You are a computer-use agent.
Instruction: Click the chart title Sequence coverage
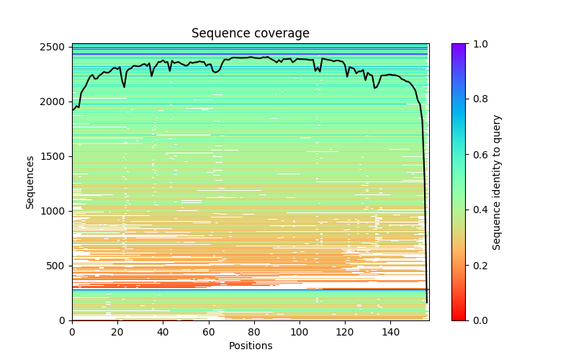pyautogui.click(x=250, y=34)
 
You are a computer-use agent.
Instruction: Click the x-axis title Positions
pyautogui.click(x=250, y=346)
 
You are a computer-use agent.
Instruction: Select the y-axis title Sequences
pyautogui.click(x=30, y=182)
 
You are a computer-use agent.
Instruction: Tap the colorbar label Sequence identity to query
pyautogui.click(x=497, y=182)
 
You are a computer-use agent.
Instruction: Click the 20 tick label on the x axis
pyautogui.click(x=117, y=332)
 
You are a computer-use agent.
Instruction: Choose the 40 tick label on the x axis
pyautogui.click(x=163, y=332)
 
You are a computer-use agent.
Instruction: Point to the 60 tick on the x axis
pyautogui.click(x=208, y=332)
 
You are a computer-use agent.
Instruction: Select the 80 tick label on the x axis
pyautogui.click(x=253, y=332)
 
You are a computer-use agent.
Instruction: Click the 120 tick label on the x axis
pyautogui.click(x=345, y=332)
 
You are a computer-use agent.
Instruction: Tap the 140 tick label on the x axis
pyautogui.click(x=390, y=332)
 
